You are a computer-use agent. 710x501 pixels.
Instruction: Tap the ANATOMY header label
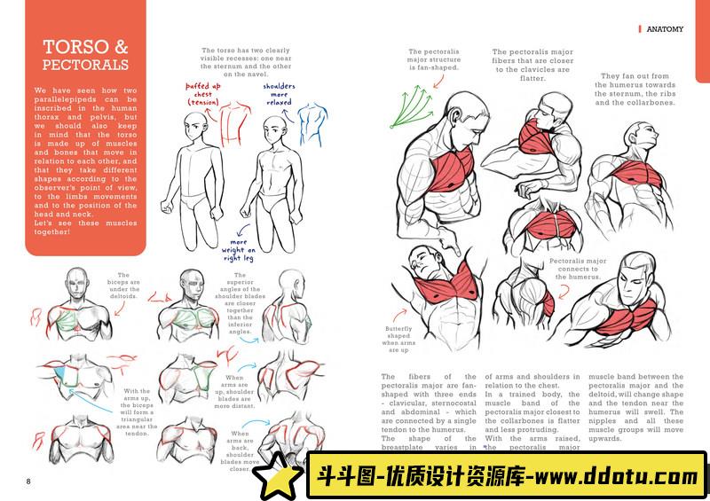(x=665, y=29)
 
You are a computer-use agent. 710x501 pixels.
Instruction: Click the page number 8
(x=28, y=481)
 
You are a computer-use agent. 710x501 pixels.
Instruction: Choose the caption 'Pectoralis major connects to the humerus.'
(x=578, y=269)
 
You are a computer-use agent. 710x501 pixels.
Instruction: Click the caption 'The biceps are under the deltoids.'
(x=124, y=290)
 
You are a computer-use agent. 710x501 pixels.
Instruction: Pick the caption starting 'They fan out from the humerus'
(x=634, y=89)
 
